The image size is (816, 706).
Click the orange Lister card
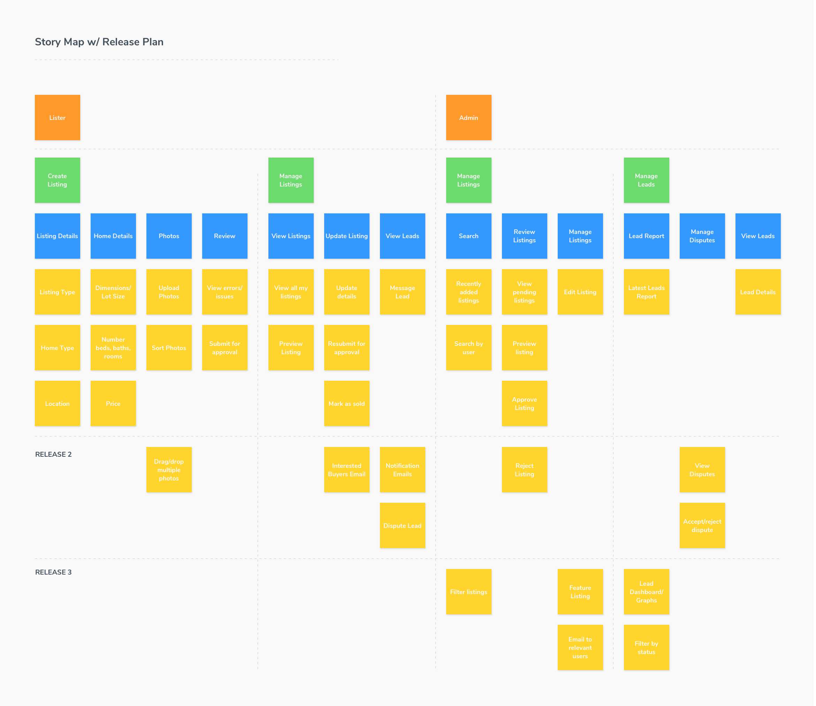click(58, 117)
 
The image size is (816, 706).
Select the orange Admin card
click(468, 117)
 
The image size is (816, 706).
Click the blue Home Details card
click(113, 236)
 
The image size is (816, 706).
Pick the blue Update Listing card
click(347, 236)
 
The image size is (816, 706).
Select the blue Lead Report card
click(647, 236)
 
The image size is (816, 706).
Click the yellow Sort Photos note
click(169, 348)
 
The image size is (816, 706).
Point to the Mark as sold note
click(347, 404)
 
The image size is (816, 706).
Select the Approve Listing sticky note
click(525, 404)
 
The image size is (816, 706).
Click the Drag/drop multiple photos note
click(169, 470)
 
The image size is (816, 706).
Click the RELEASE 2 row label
click(54, 455)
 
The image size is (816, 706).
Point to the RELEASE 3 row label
click(54, 572)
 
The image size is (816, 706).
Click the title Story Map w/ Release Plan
click(99, 42)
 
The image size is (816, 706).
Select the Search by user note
click(468, 348)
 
